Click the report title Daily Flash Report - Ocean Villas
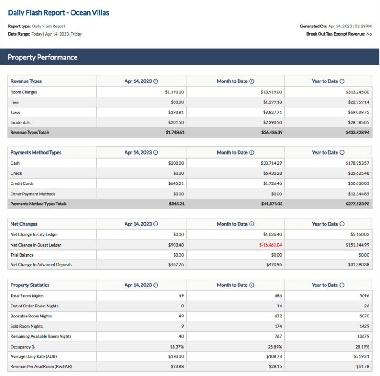[59, 13]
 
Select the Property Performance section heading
[43, 58]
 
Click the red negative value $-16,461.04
[270, 245]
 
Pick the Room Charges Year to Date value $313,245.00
[357, 92]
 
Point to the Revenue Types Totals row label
[30, 133]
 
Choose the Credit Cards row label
[22, 184]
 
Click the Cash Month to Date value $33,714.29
[271, 163]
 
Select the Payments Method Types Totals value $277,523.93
[357, 204]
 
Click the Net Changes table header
[24, 224]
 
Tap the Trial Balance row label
[22, 255]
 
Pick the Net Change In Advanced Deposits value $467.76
[176, 265]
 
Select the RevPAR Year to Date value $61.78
[362, 367]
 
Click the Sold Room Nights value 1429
[364, 327]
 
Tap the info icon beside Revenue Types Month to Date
[251, 81]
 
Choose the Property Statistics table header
[30, 285]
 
